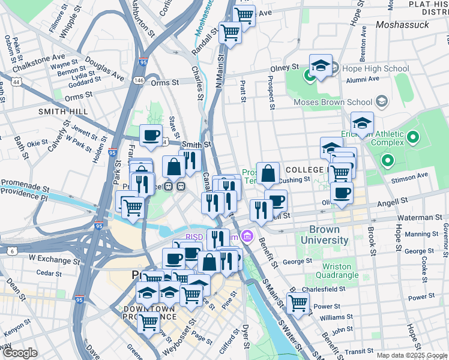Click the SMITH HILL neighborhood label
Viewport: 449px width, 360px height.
coord(63,112)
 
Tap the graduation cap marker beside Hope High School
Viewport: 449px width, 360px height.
coord(321,66)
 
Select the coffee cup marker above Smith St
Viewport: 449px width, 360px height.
coord(151,136)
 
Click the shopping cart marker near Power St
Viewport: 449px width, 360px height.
coord(297,304)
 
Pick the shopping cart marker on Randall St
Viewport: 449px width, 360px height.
coord(230,33)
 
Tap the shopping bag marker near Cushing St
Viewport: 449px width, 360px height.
coord(268,174)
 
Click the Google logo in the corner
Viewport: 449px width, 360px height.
coord(20,353)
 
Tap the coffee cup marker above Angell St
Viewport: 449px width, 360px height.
coord(342,193)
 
